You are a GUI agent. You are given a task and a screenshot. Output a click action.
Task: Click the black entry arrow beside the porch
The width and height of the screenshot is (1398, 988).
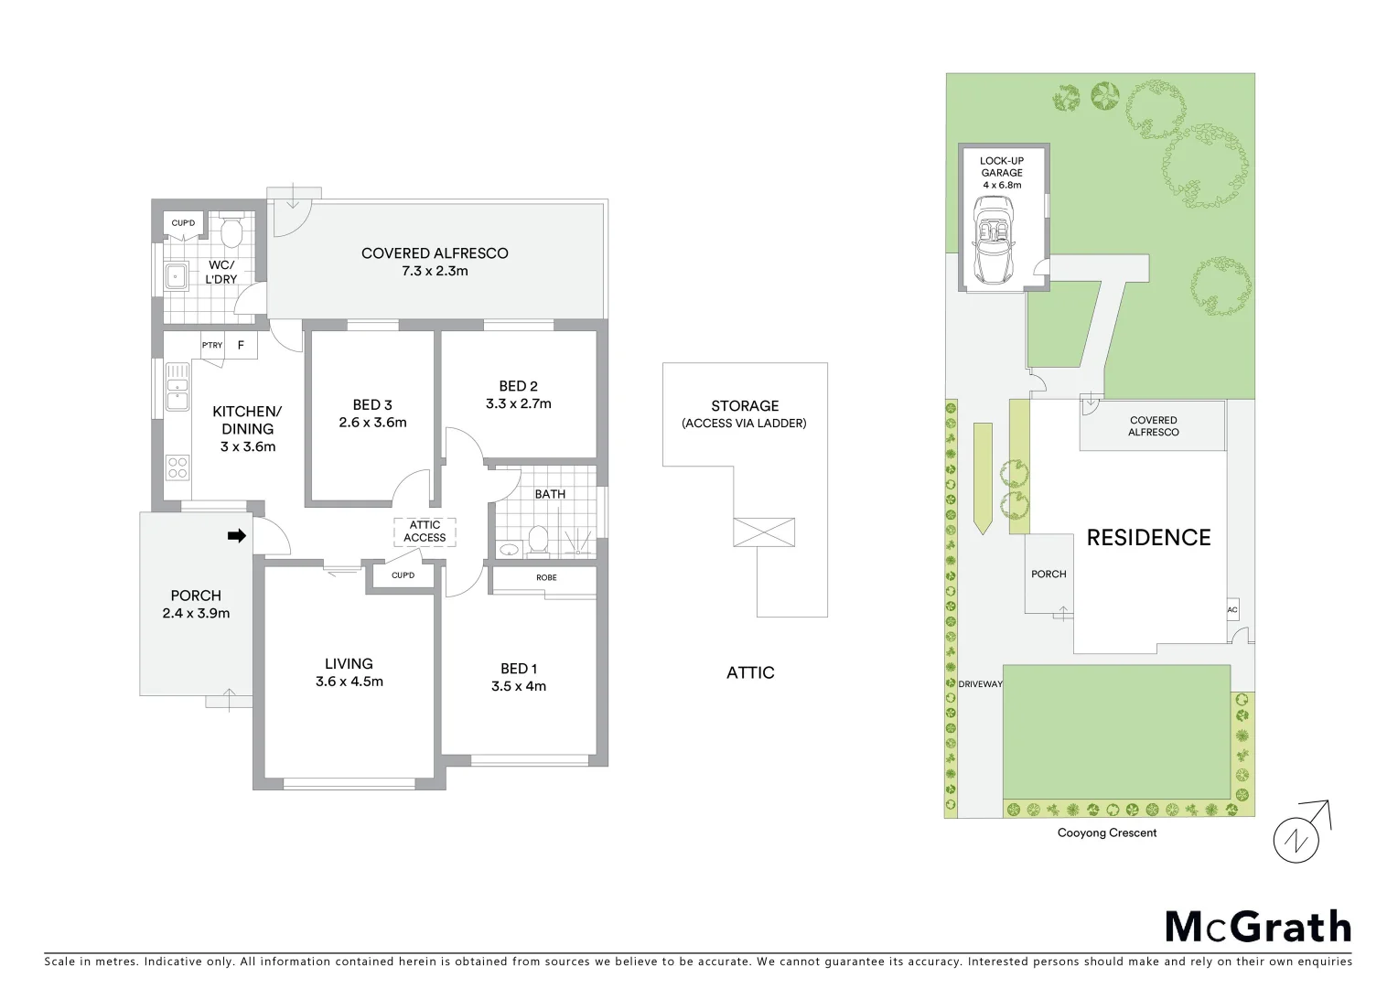(x=237, y=536)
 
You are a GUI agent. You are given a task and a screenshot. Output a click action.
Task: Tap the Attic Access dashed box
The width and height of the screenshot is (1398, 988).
(x=425, y=532)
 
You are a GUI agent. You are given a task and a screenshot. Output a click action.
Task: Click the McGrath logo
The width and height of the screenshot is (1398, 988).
(x=1258, y=927)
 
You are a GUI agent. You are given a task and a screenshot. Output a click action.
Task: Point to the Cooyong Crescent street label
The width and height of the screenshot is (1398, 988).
(x=1107, y=833)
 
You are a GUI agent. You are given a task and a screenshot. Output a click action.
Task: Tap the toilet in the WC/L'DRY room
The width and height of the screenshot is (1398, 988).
(x=230, y=233)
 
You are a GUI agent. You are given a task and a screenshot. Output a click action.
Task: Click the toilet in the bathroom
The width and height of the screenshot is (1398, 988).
(x=537, y=542)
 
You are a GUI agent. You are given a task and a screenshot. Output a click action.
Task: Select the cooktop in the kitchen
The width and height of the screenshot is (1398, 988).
(x=177, y=468)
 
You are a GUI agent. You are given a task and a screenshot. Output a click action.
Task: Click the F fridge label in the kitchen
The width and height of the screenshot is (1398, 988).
(x=242, y=345)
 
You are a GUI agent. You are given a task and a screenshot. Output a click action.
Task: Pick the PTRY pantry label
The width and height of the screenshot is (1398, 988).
(x=212, y=345)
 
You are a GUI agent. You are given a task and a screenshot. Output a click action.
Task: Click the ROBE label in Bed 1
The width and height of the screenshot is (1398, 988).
(x=546, y=578)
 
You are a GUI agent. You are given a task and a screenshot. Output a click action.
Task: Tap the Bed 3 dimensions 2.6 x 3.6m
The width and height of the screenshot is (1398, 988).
(x=372, y=423)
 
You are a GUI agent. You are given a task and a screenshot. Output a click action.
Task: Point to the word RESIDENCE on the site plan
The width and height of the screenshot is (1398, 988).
(x=1148, y=538)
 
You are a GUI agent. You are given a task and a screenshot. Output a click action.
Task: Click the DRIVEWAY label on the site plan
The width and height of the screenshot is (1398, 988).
(x=981, y=684)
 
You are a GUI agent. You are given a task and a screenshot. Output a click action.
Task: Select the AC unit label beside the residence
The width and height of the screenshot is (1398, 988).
(x=1231, y=610)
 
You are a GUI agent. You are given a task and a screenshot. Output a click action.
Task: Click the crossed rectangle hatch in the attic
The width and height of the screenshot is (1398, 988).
(x=764, y=532)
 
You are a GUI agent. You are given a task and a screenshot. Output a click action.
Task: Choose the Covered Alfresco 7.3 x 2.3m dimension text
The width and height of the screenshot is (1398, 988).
(x=435, y=272)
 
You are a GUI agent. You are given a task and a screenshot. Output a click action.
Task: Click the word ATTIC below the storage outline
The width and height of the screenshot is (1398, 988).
(x=750, y=672)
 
